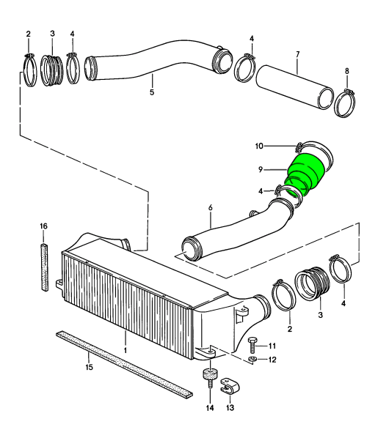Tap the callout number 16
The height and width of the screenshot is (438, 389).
click(43, 226)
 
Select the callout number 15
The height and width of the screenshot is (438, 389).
click(89, 367)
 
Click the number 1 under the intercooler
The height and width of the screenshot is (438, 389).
click(126, 350)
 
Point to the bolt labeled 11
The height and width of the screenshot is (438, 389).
click(251, 346)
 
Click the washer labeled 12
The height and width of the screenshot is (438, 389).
click(252, 359)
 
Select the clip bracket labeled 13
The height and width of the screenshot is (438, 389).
click(230, 385)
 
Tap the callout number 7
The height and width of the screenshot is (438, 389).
click(298, 54)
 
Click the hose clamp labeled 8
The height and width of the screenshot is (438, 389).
click(345, 103)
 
